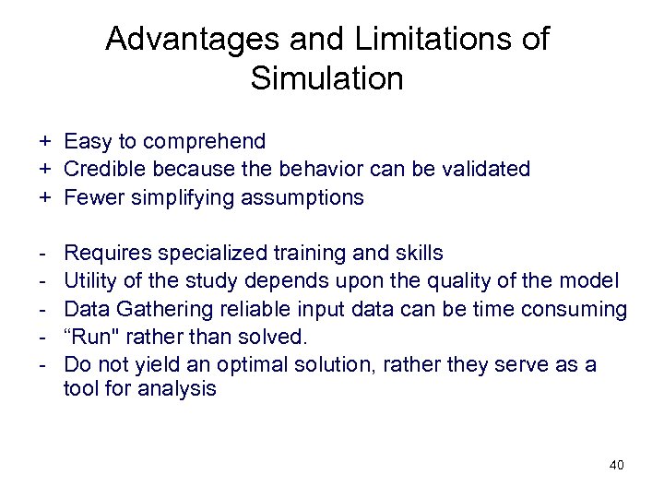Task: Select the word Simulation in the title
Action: [x=326, y=78]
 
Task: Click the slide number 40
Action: [x=616, y=465]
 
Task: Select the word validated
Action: [x=487, y=170]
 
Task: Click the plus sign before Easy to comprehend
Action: [x=42, y=142]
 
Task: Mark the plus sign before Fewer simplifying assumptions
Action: [x=42, y=197]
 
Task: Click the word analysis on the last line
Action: [x=177, y=389]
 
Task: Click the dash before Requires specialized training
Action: [x=42, y=253]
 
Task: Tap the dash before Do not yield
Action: [x=42, y=364]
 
